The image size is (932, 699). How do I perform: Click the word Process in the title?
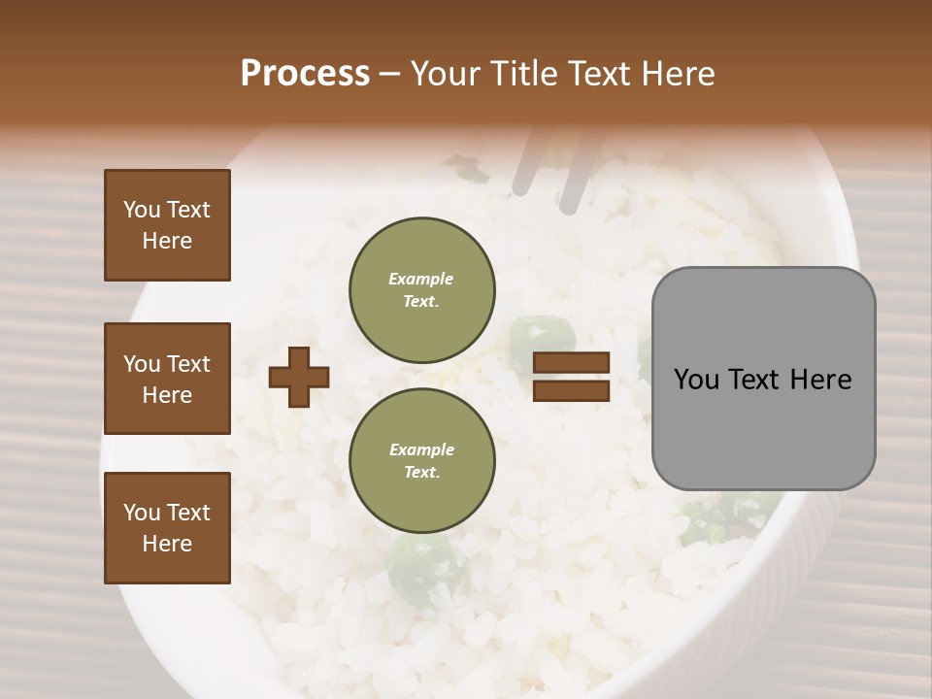(x=305, y=74)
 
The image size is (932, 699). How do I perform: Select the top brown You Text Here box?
(x=167, y=225)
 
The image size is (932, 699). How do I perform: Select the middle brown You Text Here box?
(x=167, y=379)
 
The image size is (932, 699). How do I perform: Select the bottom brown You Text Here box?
(x=167, y=527)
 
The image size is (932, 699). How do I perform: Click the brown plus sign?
(x=299, y=376)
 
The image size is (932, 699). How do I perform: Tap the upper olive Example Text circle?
(x=421, y=289)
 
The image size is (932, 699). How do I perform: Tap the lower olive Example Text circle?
(x=421, y=460)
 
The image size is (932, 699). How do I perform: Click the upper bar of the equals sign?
(x=571, y=363)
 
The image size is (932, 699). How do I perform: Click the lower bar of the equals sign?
(x=571, y=390)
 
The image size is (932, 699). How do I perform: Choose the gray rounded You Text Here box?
(x=763, y=379)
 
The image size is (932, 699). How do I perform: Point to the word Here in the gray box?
(x=820, y=380)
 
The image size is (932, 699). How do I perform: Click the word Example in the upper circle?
(x=421, y=279)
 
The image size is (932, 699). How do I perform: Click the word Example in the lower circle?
(x=421, y=449)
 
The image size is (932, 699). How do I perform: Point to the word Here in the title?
(x=677, y=74)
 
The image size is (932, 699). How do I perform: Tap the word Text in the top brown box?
(x=188, y=210)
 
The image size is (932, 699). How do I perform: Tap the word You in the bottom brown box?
(x=142, y=513)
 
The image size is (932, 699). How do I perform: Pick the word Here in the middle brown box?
(x=167, y=395)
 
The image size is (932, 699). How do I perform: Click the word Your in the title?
(x=449, y=74)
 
